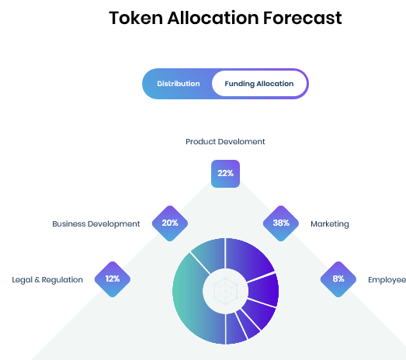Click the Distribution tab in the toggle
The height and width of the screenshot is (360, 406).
point(178,84)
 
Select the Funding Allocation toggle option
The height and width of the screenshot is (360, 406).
point(260,84)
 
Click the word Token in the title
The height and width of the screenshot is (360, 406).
point(136,18)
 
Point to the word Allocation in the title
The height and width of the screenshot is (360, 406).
point(213,18)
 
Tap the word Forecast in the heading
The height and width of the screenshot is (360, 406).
point(302,18)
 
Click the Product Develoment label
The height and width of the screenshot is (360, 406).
point(225,141)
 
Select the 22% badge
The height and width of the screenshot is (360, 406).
point(225,174)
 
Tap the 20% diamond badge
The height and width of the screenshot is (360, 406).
point(170,223)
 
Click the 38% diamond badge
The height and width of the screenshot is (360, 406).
point(281,223)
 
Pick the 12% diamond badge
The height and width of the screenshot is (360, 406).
point(113,279)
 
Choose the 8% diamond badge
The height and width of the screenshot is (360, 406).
point(338,279)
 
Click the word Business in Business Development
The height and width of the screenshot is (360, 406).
point(69,224)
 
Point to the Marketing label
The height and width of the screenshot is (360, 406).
point(330,224)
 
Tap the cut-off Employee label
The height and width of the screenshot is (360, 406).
point(387,280)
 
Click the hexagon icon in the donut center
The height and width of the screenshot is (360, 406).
point(225,291)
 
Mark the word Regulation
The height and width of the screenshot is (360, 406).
point(62,280)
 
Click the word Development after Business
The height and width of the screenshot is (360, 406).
point(113,224)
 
